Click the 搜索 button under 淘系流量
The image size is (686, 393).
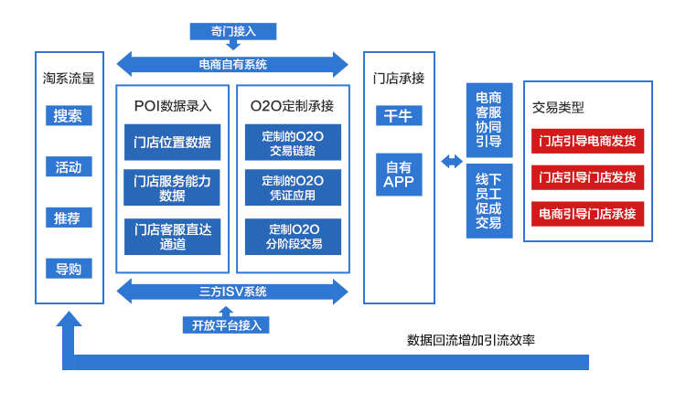(x=68, y=116)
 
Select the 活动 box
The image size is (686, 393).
(x=68, y=167)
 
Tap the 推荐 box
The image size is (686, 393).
(x=68, y=218)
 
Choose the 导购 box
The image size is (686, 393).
(x=68, y=269)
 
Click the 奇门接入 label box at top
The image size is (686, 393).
(x=232, y=31)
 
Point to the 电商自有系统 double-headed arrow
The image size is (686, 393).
(x=233, y=65)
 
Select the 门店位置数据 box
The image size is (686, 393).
(x=172, y=142)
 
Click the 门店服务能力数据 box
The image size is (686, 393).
(x=172, y=187)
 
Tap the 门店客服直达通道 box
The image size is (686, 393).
(x=172, y=236)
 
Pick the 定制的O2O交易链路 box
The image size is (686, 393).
(x=292, y=142)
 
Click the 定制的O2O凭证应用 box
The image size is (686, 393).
(x=292, y=187)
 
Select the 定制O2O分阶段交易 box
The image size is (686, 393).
(x=292, y=236)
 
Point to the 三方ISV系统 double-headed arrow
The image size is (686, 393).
(x=233, y=292)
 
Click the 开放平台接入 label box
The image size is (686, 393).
(x=226, y=324)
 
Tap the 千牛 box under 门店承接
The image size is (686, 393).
(x=399, y=116)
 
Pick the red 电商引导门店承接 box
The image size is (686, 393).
(x=586, y=214)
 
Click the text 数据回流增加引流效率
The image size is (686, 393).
(x=471, y=340)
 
